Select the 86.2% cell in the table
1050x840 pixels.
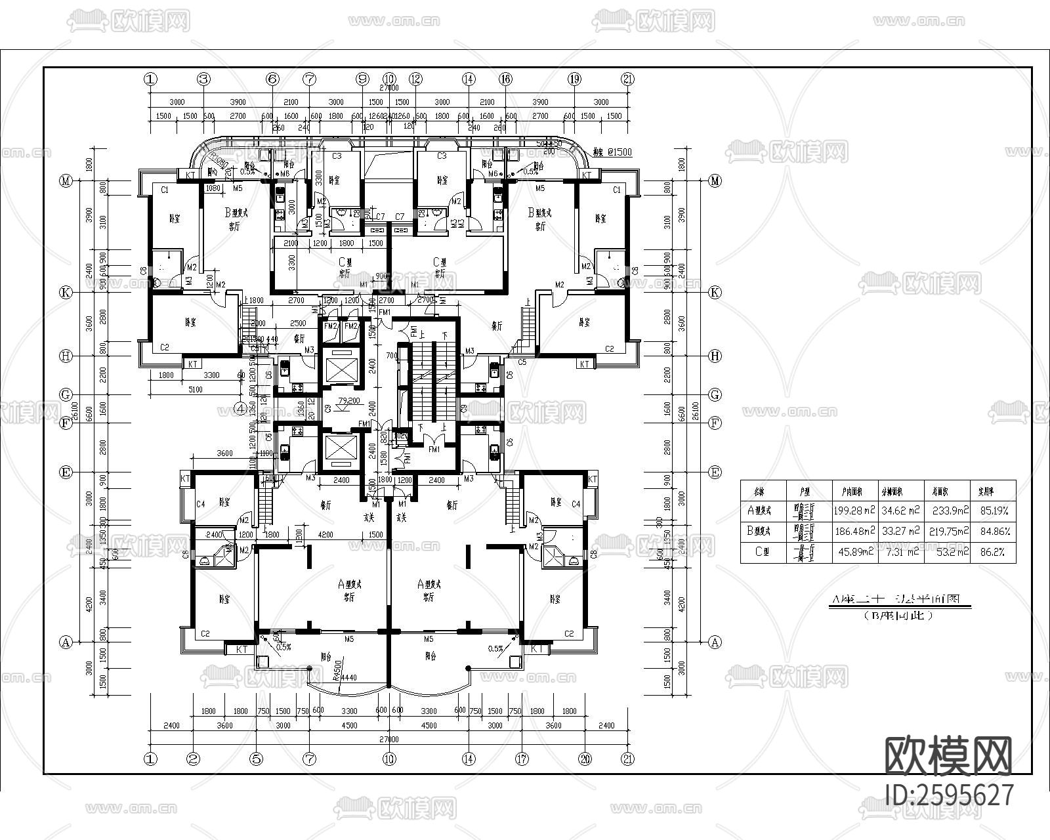[x=992, y=553]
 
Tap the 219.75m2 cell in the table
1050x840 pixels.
[x=948, y=532]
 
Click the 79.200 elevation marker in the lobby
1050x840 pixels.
[x=348, y=400]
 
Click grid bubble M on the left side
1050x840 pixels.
[x=66, y=181]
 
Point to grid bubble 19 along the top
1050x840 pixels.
[x=574, y=79]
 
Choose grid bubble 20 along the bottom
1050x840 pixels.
[x=585, y=759]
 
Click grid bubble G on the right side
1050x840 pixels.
[x=715, y=394]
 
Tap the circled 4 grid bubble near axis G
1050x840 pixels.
[x=241, y=408]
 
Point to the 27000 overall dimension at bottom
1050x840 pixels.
[x=388, y=739]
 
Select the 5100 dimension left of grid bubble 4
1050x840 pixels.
[x=195, y=390]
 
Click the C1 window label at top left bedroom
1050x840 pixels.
[x=165, y=190]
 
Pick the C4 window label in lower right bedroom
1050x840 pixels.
[x=576, y=504]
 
